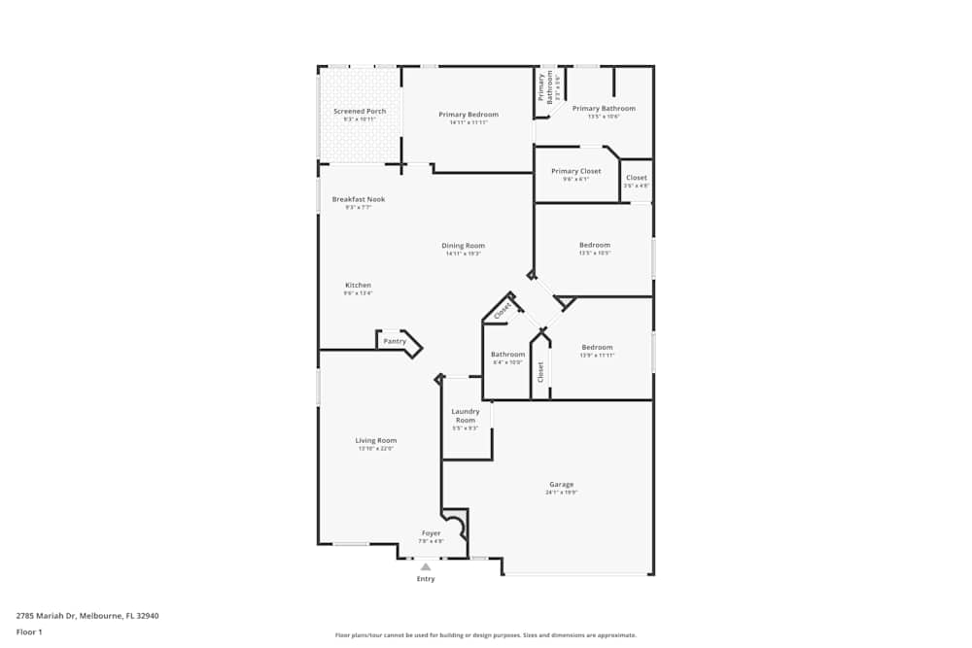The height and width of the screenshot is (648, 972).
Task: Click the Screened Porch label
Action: click(360, 112)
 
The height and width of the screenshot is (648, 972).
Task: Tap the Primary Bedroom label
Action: click(469, 115)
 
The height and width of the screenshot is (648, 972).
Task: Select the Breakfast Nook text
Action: click(359, 199)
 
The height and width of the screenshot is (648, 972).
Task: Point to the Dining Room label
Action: click(465, 246)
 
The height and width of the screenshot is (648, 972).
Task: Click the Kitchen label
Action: click(358, 286)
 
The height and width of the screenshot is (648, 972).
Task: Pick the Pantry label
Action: click(395, 341)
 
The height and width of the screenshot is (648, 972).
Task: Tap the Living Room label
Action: click(376, 441)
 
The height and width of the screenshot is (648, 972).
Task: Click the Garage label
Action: click(562, 484)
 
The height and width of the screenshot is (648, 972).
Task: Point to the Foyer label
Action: click(431, 533)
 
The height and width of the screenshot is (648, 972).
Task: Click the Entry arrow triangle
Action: click(426, 566)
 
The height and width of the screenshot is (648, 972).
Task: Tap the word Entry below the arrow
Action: click(426, 579)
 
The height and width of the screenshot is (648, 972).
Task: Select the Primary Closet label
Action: click(576, 171)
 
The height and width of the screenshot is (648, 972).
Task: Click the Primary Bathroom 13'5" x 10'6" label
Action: click(604, 109)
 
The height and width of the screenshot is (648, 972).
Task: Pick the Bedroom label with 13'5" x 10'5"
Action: click(595, 245)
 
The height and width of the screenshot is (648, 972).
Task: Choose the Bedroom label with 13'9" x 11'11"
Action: click(597, 348)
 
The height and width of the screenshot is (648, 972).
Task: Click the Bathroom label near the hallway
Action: click(507, 355)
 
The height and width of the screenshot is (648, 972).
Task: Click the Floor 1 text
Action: click(30, 632)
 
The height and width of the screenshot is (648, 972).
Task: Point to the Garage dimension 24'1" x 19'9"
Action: click(562, 493)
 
